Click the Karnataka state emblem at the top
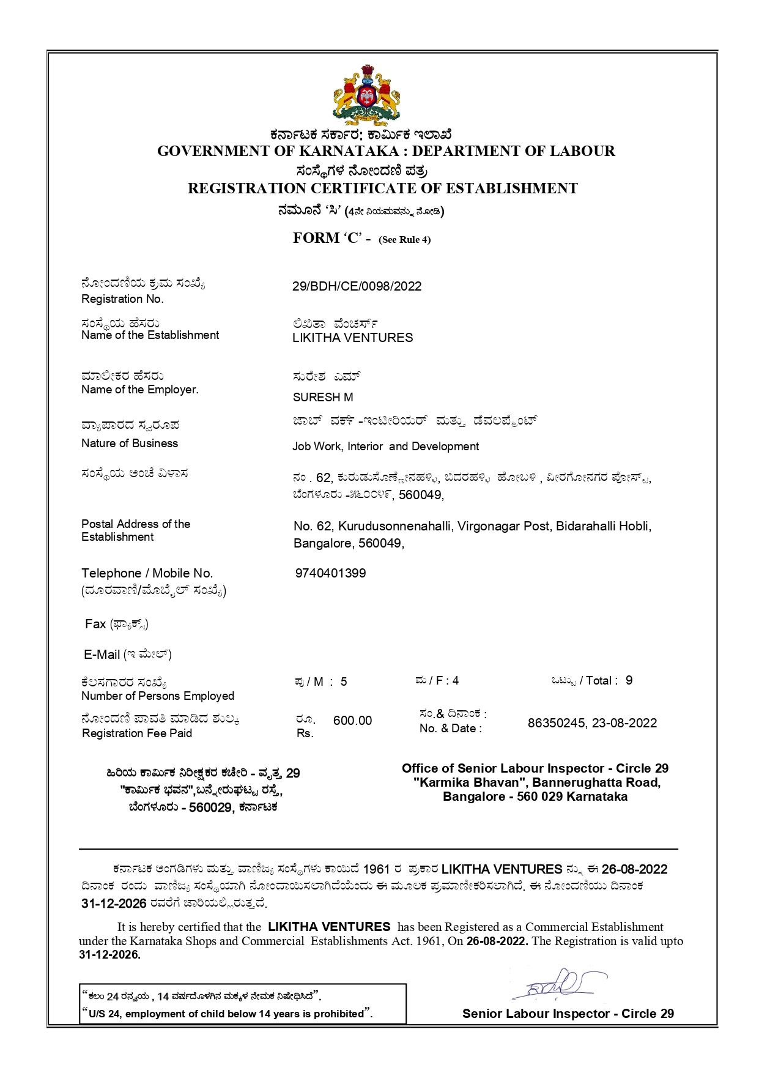coord(366,95)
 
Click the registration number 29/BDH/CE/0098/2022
coord(357,286)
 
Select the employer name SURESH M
coord(323,397)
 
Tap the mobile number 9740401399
coord(330,573)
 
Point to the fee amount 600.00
coord(352,721)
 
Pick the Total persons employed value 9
coord(629,680)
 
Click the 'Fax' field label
coord(95,624)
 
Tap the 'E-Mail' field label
coord(102,655)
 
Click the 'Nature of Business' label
coord(130,444)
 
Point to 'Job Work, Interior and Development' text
coord(385,447)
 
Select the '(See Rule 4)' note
coord(405,240)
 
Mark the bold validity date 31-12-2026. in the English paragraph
coord(109,955)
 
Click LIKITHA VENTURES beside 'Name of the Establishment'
coord(352,338)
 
